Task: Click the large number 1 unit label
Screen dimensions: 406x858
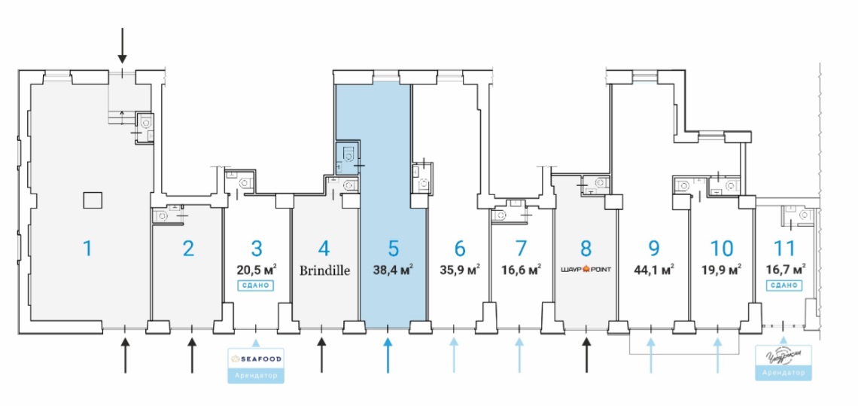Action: pyautogui.click(x=87, y=247)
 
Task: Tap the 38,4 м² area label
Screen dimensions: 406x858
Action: pyautogui.click(x=392, y=269)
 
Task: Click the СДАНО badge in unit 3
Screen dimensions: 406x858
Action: pyautogui.click(x=256, y=286)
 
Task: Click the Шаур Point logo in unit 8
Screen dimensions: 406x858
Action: pyautogui.click(x=586, y=269)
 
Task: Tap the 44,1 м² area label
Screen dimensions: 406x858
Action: pyautogui.click(x=653, y=269)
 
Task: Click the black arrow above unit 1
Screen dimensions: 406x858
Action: pyautogui.click(x=123, y=49)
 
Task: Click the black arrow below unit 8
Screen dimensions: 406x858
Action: pyautogui.click(x=586, y=355)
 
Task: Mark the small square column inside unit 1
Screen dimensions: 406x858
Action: pyautogui.click(x=92, y=200)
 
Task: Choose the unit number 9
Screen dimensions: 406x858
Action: pyautogui.click(x=653, y=247)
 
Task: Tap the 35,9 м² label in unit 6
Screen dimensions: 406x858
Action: pyautogui.click(x=459, y=269)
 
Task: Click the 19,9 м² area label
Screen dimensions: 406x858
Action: pyautogui.click(x=720, y=269)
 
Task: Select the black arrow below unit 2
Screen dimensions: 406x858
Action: pyautogui.click(x=191, y=355)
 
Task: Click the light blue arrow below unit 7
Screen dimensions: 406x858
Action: pyautogui.click(x=519, y=355)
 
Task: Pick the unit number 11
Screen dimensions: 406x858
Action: pyautogui.click(x=784, y=247)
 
